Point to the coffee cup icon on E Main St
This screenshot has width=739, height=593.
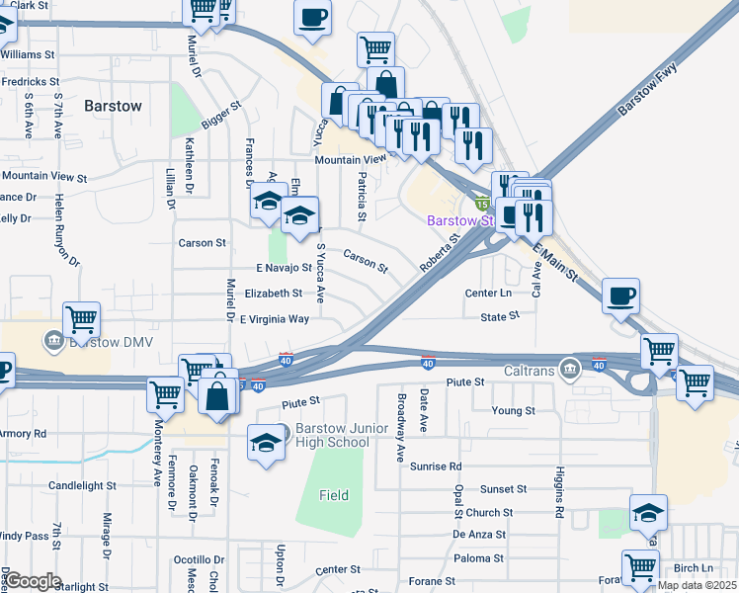pos(620,297)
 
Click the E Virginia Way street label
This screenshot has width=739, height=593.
pos(275,319)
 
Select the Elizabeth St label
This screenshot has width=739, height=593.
pos(273,294)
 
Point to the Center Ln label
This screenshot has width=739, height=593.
pos(489,294)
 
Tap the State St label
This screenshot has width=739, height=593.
pos(499,316)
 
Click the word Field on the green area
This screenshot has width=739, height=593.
pos(334,495)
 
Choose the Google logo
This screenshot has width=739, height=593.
pos(33,581)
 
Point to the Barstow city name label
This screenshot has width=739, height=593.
pos(113,105)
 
